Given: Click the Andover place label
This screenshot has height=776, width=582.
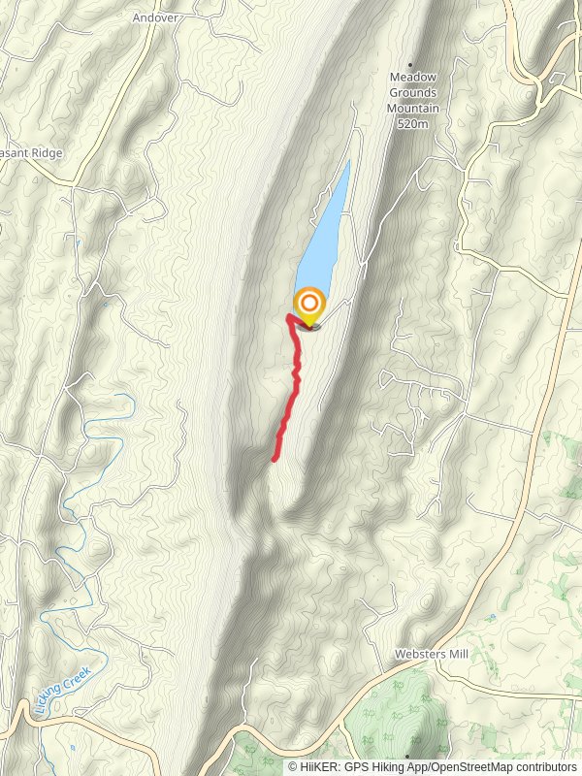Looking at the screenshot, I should point(157,16).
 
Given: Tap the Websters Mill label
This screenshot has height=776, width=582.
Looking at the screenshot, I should point(431,655).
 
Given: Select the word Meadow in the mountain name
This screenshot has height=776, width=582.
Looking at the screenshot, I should point(413,78).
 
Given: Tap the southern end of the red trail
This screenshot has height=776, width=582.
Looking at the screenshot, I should point(275,458).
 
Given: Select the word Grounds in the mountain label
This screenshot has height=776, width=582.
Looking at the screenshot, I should point(413,93).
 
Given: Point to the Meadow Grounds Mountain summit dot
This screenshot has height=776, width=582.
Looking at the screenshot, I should point(411,64).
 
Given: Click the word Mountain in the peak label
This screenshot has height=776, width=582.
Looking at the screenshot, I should point(413,109).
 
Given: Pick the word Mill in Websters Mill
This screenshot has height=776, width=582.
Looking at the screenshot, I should point(456,655).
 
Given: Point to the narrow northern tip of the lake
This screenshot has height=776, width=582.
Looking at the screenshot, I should point(347,163).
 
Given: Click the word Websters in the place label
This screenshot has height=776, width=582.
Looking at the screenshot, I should point(418,655).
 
